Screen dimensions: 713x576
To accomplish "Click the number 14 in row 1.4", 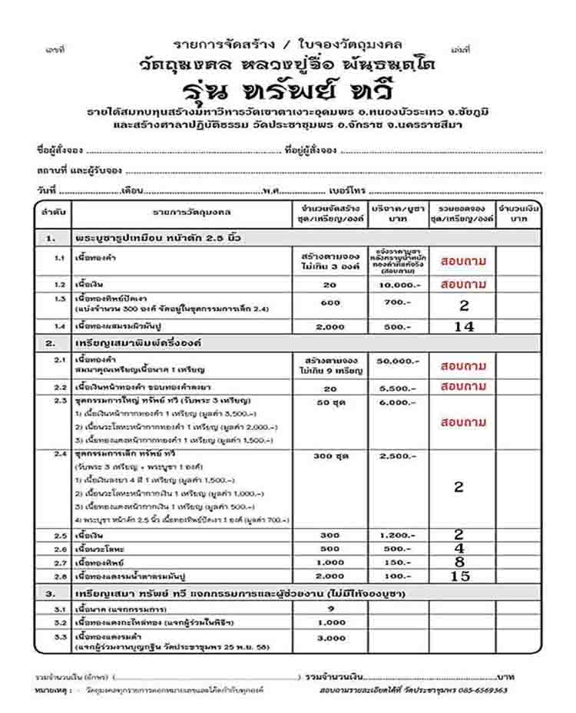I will [463, 326].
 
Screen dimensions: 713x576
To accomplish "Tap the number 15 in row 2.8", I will [459, 576].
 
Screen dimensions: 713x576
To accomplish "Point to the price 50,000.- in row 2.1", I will [398, 360].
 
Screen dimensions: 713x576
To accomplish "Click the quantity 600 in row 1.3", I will [330, 302].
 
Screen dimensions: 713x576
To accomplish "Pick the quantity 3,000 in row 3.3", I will [331, 638].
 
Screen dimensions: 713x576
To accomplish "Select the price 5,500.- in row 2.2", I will [398, 388].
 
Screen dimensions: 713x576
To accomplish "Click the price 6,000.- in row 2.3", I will [398, 402].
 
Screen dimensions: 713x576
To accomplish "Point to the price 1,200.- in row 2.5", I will [398, 535].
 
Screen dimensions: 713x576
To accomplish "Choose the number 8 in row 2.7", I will [458, 562].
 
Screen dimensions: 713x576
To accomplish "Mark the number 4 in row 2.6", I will [458, 549].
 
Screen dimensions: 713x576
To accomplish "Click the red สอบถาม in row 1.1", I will [463, 261].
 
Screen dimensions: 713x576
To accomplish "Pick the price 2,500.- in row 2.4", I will [398, 456].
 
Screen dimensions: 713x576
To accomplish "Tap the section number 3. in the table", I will [51, 594].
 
